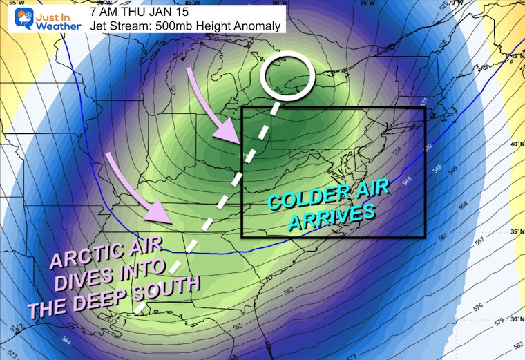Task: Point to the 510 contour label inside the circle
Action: (277, 88)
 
